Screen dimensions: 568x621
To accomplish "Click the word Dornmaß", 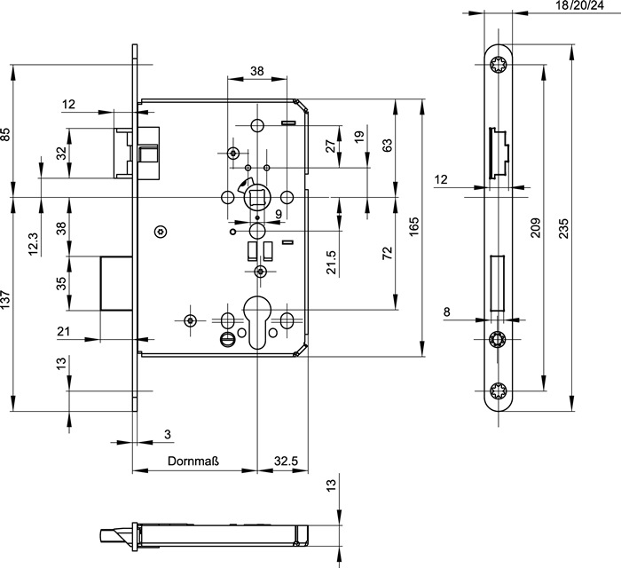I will pyautogui.click(x=194, y=461).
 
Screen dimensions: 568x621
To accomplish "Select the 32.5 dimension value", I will pyautogui.click(x=286, y=461).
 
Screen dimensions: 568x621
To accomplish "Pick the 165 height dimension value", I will pyautogui.click(x=413, y=228).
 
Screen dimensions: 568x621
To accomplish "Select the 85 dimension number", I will pyautogui.click(x=6, y=135).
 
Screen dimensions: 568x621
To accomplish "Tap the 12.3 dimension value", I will pyautogui.click(x=34, y=242).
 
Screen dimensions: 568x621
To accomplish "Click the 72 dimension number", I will pyautogui.click(x=387, y=254).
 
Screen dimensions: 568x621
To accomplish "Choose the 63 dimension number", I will pyautogui.click(x=387, y=146).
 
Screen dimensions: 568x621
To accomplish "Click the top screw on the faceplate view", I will pyautogui.click(x=498, y=64).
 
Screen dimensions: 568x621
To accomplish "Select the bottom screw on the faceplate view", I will pyautogui.click(x=498, y=390).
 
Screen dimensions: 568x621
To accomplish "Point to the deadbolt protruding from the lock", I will pyautogui.click(x=115, y=283).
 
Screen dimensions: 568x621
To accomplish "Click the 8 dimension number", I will pyautogui.click(x=446, y=312).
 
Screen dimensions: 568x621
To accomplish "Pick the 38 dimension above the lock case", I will pyautogui.click(x=256, y=70).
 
